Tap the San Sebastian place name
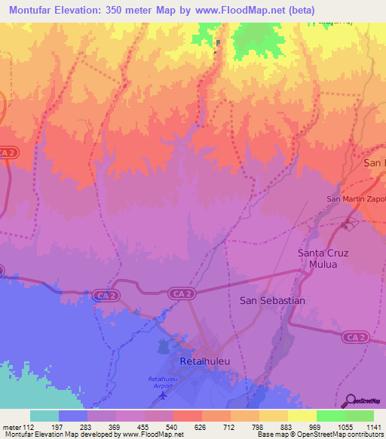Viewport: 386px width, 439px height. (x=272, y=300)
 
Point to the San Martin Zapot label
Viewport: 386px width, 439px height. (x=355, y=199)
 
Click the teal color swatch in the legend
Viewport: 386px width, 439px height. (x=44, y=416)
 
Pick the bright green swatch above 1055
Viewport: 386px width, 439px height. (x=331, y=416)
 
